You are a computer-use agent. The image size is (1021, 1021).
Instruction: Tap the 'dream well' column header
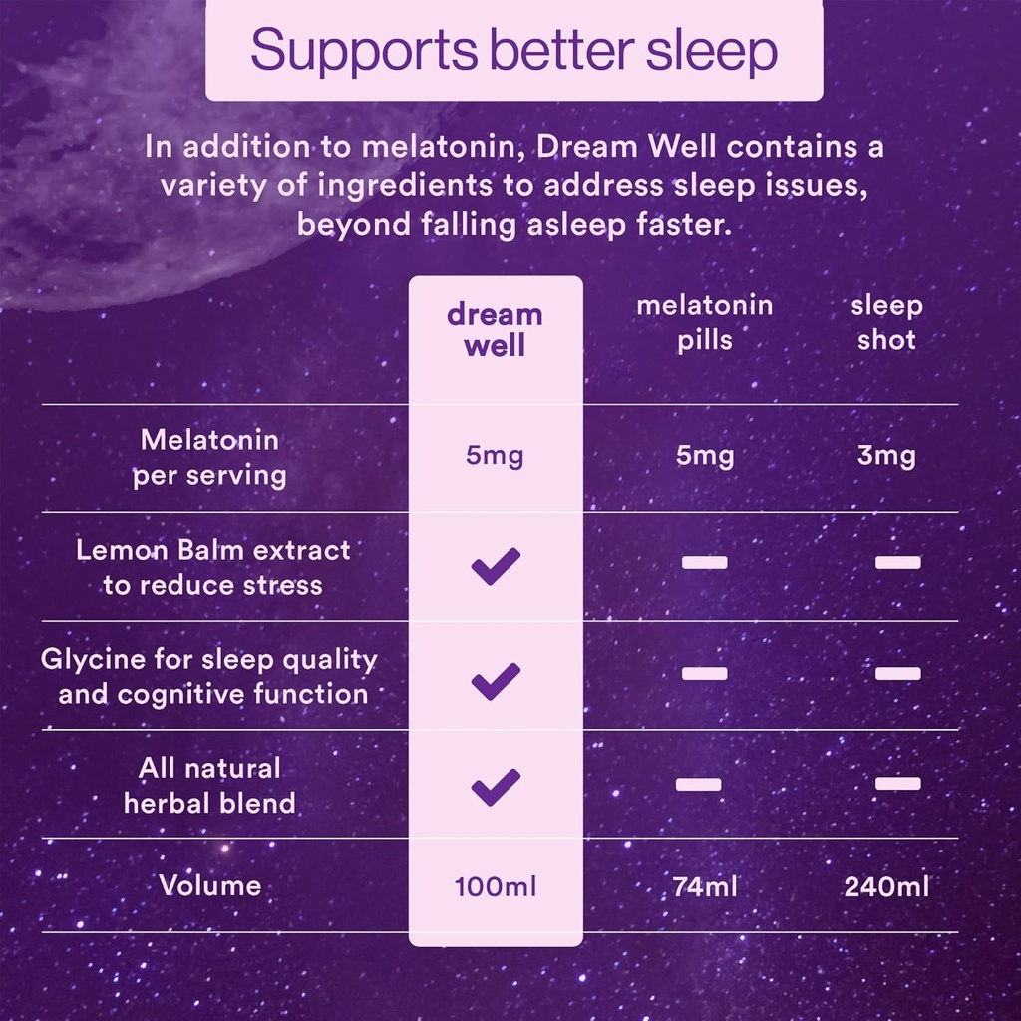point(495,330)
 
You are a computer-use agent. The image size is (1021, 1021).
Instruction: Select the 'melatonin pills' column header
point(705,322)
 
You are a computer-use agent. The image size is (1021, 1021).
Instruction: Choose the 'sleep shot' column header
point(886,322)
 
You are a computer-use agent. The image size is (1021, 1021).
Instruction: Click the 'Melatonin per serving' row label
point(209,458)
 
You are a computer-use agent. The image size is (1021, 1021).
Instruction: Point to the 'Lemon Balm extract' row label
point(212,567)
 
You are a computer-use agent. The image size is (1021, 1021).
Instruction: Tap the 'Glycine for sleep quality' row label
point(209,676)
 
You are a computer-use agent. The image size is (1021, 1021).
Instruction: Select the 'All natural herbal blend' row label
point(209,785)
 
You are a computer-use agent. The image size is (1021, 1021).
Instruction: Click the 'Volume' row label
point(210,885)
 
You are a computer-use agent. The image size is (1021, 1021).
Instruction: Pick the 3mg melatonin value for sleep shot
point(886,457)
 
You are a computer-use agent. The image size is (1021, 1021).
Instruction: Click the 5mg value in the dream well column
point(495,457)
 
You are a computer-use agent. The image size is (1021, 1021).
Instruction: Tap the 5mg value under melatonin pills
point(705,457)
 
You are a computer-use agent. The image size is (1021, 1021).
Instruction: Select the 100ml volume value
point(496,886)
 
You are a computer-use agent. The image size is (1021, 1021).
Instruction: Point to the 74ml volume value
point(705,886)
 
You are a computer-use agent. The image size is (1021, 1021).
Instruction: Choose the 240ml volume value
point(886,886)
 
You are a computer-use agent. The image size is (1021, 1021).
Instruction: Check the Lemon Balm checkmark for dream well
point(496,566)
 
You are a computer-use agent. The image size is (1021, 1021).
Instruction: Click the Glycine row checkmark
point(496,680)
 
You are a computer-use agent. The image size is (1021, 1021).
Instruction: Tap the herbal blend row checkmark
point(496,787)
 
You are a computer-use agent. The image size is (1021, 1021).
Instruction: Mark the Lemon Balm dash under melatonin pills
point(704,562)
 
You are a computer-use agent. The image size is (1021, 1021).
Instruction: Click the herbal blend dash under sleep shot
point(897,783)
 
